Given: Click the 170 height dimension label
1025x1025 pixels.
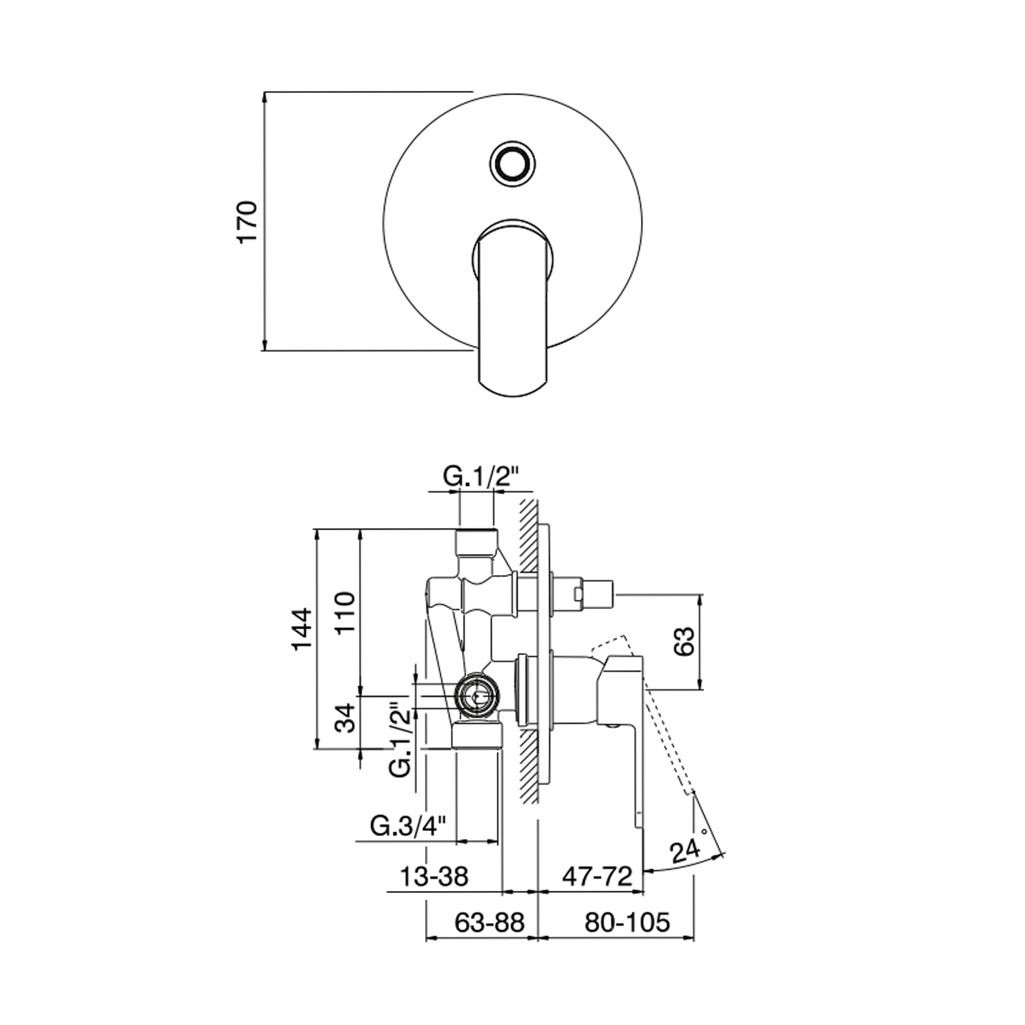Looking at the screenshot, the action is coord(247,221).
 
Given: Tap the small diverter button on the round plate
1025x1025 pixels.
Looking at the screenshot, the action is coord(512,163).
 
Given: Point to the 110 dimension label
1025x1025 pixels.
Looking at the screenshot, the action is coord(346,613).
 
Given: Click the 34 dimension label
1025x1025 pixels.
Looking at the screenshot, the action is coord(348,717).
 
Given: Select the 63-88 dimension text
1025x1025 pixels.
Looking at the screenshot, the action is coord(490,922).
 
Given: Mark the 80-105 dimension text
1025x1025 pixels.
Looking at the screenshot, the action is coord(627,922).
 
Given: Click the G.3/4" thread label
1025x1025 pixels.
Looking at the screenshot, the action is coord(409,827).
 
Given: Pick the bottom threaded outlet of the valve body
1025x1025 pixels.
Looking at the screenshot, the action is coord(477,735).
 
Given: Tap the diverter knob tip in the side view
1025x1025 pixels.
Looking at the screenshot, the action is coord(599,590).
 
